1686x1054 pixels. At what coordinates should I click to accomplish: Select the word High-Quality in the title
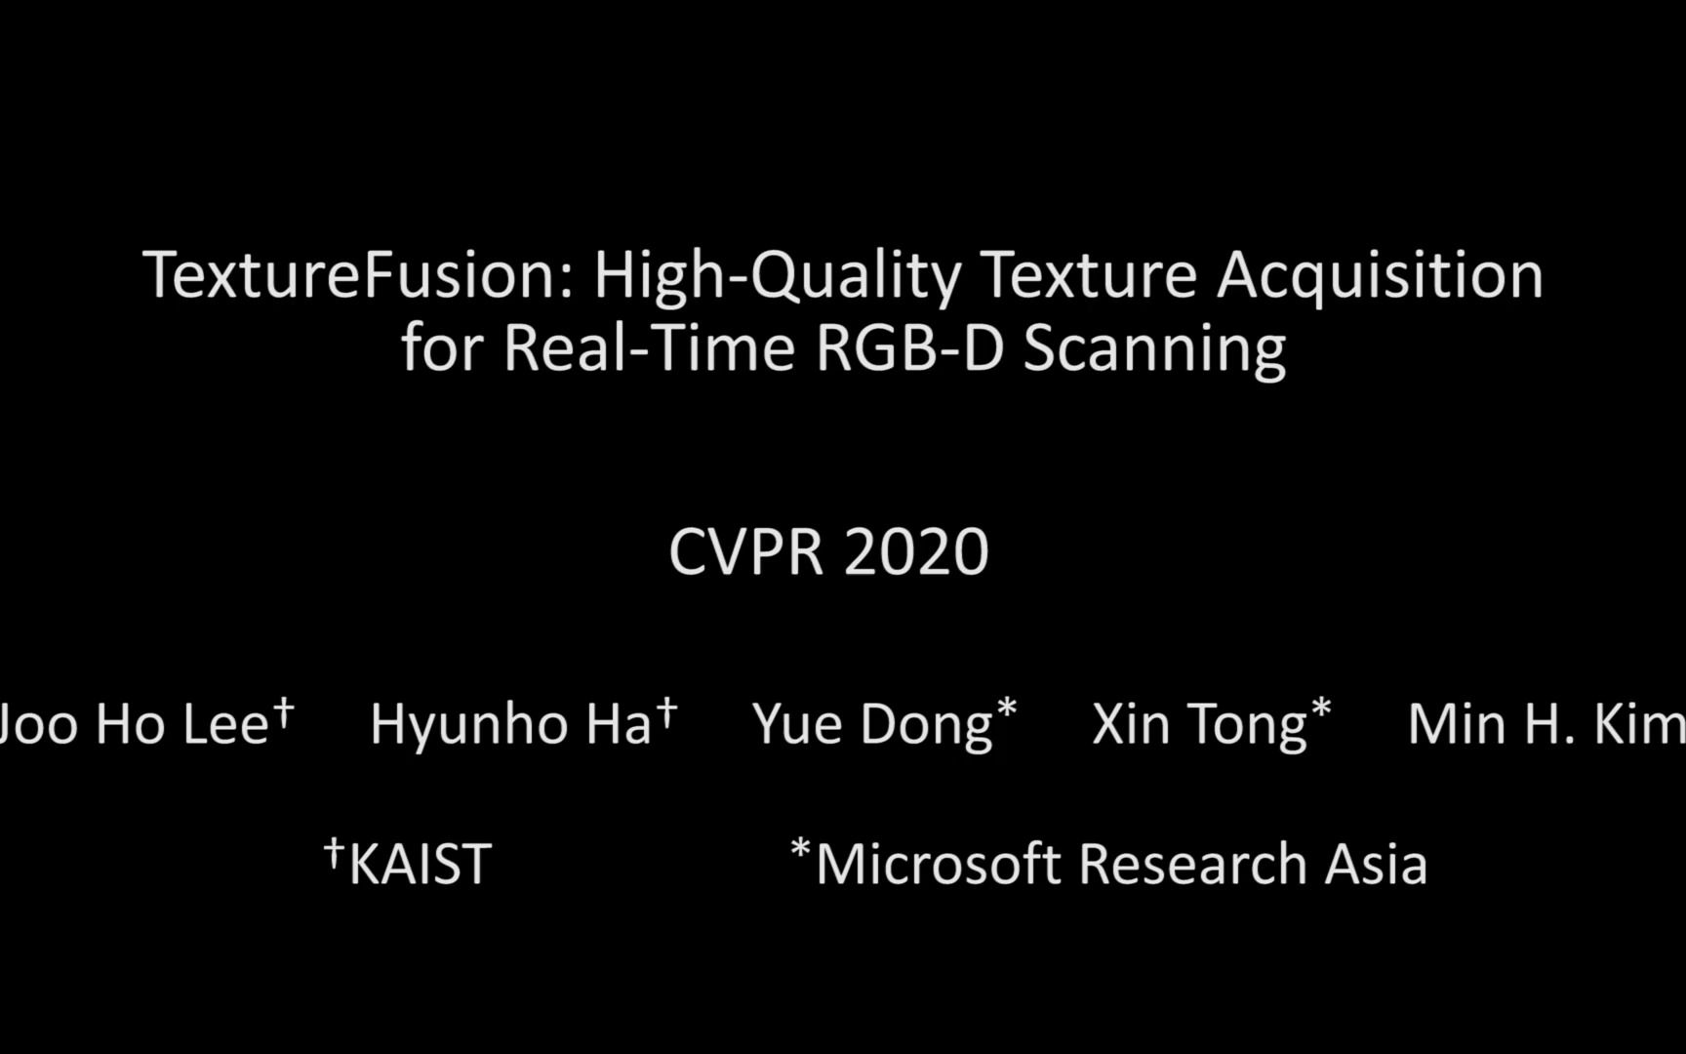click(x=777, y=276)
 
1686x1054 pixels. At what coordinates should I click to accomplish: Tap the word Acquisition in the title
click(x=1380, y=276)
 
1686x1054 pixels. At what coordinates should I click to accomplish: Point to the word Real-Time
click(x=649, y=348)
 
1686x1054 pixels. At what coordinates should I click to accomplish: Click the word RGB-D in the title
click(x=909, y=348)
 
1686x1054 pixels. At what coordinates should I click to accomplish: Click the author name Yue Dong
click(x=872, y=725)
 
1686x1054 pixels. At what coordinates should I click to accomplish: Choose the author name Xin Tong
click(x=1199, y=725)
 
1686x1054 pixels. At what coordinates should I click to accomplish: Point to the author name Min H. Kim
click(x=1545, y=725)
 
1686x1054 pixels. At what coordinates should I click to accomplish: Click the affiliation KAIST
click(x=420, y=865)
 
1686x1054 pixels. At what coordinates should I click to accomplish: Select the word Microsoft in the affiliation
click(x=938, y=865)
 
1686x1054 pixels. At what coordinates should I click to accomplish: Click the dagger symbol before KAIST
click(x=334, y=852)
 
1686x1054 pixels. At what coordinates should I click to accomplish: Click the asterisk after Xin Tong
click(x=1321, y=709)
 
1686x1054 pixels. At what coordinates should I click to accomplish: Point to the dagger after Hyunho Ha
click(x=666, y=711)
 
